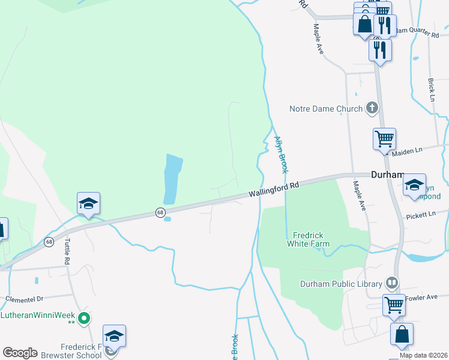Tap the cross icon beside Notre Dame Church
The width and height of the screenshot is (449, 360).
(372, 109)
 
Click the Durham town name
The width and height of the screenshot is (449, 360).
(388, 175)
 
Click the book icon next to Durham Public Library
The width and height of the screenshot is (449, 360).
(392, 282)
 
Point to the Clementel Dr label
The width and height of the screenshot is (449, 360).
(25, 298)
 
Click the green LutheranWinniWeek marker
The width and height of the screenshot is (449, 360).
(85, 317)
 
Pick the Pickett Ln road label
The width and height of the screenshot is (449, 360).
(420, 215)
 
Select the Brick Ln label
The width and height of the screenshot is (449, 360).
(431, 89)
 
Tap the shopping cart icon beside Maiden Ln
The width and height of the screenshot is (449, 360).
(384, 139)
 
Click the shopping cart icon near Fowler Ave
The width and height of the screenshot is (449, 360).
(394, 305)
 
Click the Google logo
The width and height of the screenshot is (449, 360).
(20, 353)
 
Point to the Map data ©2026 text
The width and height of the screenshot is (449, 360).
(423, 355)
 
